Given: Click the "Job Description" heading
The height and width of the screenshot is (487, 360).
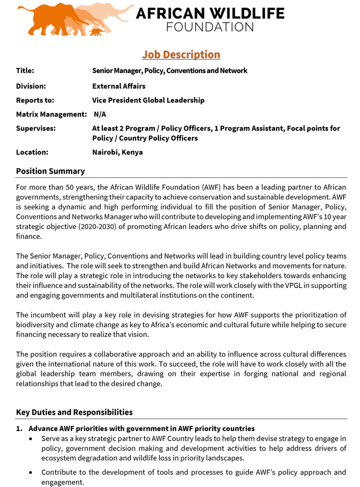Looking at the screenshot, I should pyautogui.click(x=181, y=55).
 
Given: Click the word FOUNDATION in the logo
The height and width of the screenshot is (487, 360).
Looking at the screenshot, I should pyautogui.click(x=210, y=27).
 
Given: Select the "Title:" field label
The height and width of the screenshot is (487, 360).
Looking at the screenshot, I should pyautogui.click(x=25, y=70).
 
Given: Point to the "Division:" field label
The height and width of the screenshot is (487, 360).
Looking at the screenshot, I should pyautogui.click(x=31, y=86).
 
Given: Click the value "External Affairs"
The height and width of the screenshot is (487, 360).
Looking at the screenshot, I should pyautogui.click(x=119, y=86).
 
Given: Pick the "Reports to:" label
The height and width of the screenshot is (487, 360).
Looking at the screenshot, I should pyautogui.click(x=35, y=100).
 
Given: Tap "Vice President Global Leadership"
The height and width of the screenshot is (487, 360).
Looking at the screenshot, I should pyautogui.click(x=148, y=100).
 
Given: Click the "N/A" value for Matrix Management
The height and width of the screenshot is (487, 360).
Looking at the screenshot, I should pyautogui.click(x=100, y=114).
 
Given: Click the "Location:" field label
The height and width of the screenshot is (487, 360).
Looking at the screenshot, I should pyautogui.click(x=32, y=152).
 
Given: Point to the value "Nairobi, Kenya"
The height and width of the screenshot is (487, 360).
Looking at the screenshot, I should pyautogui.click(x=117, y=152).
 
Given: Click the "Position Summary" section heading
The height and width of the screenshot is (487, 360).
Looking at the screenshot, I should pyautogui.click(x=50, y=171).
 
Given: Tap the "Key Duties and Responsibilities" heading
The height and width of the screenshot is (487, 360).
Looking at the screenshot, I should pyautogui.click(x=74, y=412).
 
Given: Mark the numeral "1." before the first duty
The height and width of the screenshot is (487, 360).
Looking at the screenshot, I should pyautogui.click(x=19, y=428).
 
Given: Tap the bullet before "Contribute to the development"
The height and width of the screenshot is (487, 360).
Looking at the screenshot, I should pyautogui.click(x=32, y=473).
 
